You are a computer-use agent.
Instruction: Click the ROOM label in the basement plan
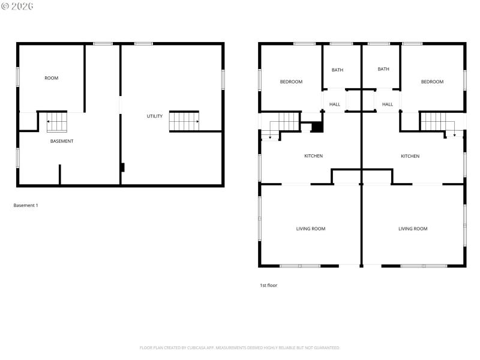[x=52, y=78]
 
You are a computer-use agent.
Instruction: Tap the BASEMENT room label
[x=62, y=141]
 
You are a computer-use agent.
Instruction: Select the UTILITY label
[x=155, y=116]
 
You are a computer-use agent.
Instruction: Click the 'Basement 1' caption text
[x=26, y=205]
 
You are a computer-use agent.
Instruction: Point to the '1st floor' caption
[x=268, y=285]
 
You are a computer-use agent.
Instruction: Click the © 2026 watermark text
[x=17, y=6]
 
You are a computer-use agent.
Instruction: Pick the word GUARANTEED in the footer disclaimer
[x=324, y=347]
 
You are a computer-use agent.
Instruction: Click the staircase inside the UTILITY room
[x=184, y=121]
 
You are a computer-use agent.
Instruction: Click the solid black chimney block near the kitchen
[x=317, y=127]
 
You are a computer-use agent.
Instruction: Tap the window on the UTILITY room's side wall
[x=223, y=79]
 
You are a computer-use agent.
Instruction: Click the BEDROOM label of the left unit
[x=291, y=82]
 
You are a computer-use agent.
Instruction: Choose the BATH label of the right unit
[x=383, y=69]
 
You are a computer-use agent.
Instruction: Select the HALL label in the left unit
[x=335, y=104]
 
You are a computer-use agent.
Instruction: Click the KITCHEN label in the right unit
[x=410, y=156]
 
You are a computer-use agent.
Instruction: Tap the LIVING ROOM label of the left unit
[x=311, y=229]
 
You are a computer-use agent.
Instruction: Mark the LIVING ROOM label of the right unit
[x=413, y=229]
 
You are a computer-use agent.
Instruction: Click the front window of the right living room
[x=422, y=265]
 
